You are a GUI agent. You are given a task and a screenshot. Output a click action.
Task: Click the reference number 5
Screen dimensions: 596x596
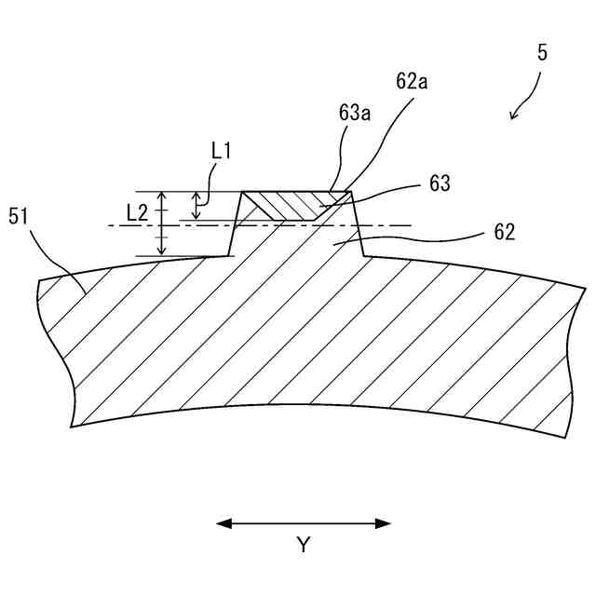(542, 53)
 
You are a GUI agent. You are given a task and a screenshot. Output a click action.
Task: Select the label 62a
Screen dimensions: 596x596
(412, 82)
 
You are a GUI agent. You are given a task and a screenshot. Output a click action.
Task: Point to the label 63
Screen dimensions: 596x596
(440, 183)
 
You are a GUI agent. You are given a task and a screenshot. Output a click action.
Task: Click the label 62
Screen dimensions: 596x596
(505, 231)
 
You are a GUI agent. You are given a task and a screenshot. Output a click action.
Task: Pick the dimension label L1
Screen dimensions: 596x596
(222, 149)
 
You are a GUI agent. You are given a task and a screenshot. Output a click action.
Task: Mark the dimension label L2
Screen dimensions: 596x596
(137, 212)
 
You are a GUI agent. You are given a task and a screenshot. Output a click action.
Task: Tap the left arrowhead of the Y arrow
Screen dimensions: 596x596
(223, 523)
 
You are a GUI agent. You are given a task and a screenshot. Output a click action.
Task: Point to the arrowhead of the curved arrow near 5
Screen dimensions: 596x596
(513, 115)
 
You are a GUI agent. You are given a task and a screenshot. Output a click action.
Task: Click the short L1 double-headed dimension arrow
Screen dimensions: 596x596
(196, 206)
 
